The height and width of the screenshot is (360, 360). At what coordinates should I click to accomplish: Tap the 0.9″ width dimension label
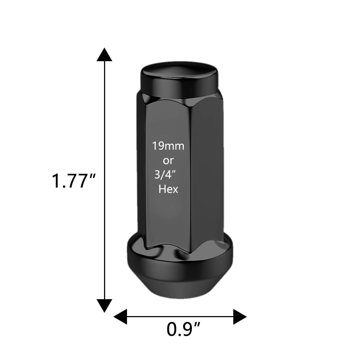(184, 329)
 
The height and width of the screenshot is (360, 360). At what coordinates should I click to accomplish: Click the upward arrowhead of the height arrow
(104, 55)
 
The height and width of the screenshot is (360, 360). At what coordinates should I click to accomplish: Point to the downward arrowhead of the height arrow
(104, 306)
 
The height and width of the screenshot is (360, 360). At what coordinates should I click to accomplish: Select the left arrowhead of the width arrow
(120, 317)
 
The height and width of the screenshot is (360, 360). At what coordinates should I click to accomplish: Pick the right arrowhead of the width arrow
(240, 317)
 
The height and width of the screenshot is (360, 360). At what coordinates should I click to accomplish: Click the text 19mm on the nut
(168, 146)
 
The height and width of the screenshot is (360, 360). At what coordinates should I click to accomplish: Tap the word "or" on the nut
(168, 161)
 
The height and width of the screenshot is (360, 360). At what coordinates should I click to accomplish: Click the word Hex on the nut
(168, 189)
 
